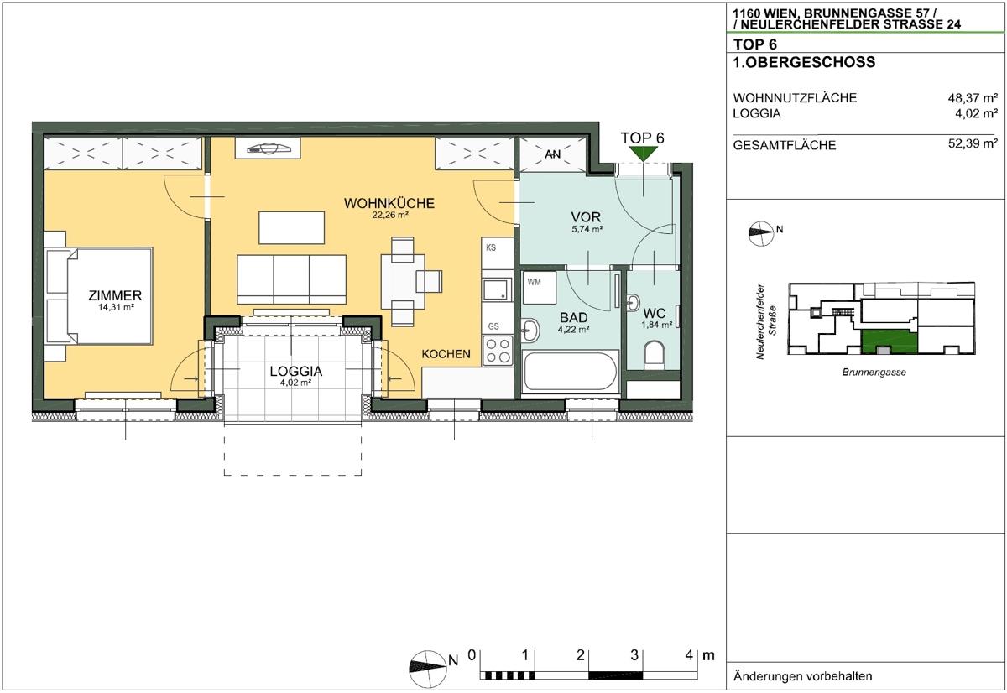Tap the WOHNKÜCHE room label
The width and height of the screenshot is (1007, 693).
point(389,203)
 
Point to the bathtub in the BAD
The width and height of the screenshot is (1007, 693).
point(571,373)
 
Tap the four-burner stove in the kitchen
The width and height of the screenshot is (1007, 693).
point(498,350)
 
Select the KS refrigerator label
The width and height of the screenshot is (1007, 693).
point(491,247)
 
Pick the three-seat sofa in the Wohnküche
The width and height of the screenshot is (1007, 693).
point(292,278)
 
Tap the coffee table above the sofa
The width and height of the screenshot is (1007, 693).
point(292,227)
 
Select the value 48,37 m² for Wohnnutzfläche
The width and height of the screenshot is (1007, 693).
point(972,97)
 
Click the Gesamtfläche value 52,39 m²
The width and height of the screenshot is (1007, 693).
point(972,144)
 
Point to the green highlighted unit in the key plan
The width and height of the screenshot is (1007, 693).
point(888,341)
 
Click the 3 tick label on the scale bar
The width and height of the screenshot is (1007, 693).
point(635,654)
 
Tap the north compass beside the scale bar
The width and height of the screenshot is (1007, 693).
point(427,664)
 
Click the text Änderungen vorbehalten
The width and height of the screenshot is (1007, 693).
point(802,676)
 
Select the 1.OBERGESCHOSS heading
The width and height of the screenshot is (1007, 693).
point(792,62)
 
